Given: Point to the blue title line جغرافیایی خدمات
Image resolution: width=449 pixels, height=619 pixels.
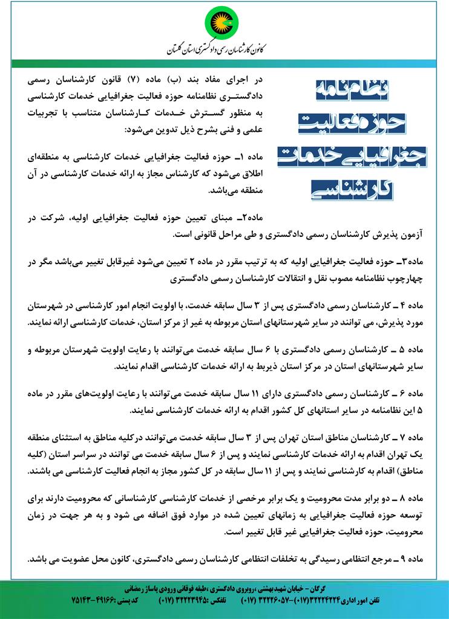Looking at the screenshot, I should click(x=354, y=155).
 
